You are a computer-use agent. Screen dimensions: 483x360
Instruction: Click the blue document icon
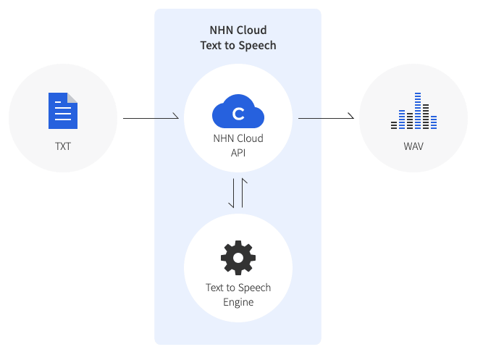(x=63, y=111)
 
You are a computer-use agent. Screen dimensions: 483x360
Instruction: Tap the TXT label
(x=63, y=146)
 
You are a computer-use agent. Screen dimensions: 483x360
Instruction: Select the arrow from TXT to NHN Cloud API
(x=151, y=118)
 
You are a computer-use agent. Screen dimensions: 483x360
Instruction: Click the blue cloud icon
(x=238, y=111)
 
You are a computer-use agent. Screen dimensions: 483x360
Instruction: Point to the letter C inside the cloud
(x=238, y=114)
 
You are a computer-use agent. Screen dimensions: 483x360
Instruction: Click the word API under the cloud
(x=238, y=153)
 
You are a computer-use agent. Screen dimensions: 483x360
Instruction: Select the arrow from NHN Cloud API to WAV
(x=326, y=118)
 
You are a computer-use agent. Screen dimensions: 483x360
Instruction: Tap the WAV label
(x=413, y=146)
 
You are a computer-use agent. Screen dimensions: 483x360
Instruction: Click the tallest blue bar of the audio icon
(x=418, y=111)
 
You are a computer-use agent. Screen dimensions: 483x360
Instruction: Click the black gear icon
(x=238, y=258)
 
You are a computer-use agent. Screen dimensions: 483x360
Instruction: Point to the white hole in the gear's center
(x=238, y=258)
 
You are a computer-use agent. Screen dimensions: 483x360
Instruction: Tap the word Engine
(x=238, y=302)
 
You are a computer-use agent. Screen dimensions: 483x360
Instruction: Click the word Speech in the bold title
(x=257, y=46)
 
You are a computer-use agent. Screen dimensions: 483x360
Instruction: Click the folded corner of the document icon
(x=72, y=98)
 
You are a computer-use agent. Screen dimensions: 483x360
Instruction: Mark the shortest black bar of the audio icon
(x=394, y=125)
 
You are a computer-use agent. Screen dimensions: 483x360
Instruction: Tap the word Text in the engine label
(x=214, y=288)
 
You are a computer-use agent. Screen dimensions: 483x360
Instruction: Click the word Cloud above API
(x=250, y=138)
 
